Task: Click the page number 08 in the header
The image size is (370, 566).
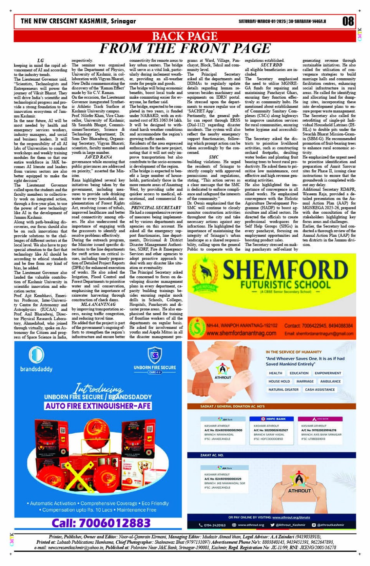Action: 348,21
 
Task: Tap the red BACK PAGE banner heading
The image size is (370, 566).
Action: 184,36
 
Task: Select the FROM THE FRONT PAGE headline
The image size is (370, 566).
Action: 185,48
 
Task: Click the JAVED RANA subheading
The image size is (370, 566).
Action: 98,157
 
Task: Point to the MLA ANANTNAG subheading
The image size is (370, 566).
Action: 98,304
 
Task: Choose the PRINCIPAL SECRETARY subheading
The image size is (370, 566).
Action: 156,208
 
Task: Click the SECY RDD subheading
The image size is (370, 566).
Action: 271,65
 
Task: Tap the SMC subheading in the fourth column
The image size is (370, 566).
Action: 213,157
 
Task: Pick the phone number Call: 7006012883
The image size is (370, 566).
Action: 101,523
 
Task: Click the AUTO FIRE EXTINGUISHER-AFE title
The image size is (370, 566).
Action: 98,406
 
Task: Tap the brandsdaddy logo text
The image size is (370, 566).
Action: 36,369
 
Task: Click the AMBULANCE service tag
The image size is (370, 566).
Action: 330,381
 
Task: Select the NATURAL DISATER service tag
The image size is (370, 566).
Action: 283,389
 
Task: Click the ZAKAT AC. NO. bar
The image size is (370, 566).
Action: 212,455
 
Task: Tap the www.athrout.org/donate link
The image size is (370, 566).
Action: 291,517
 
